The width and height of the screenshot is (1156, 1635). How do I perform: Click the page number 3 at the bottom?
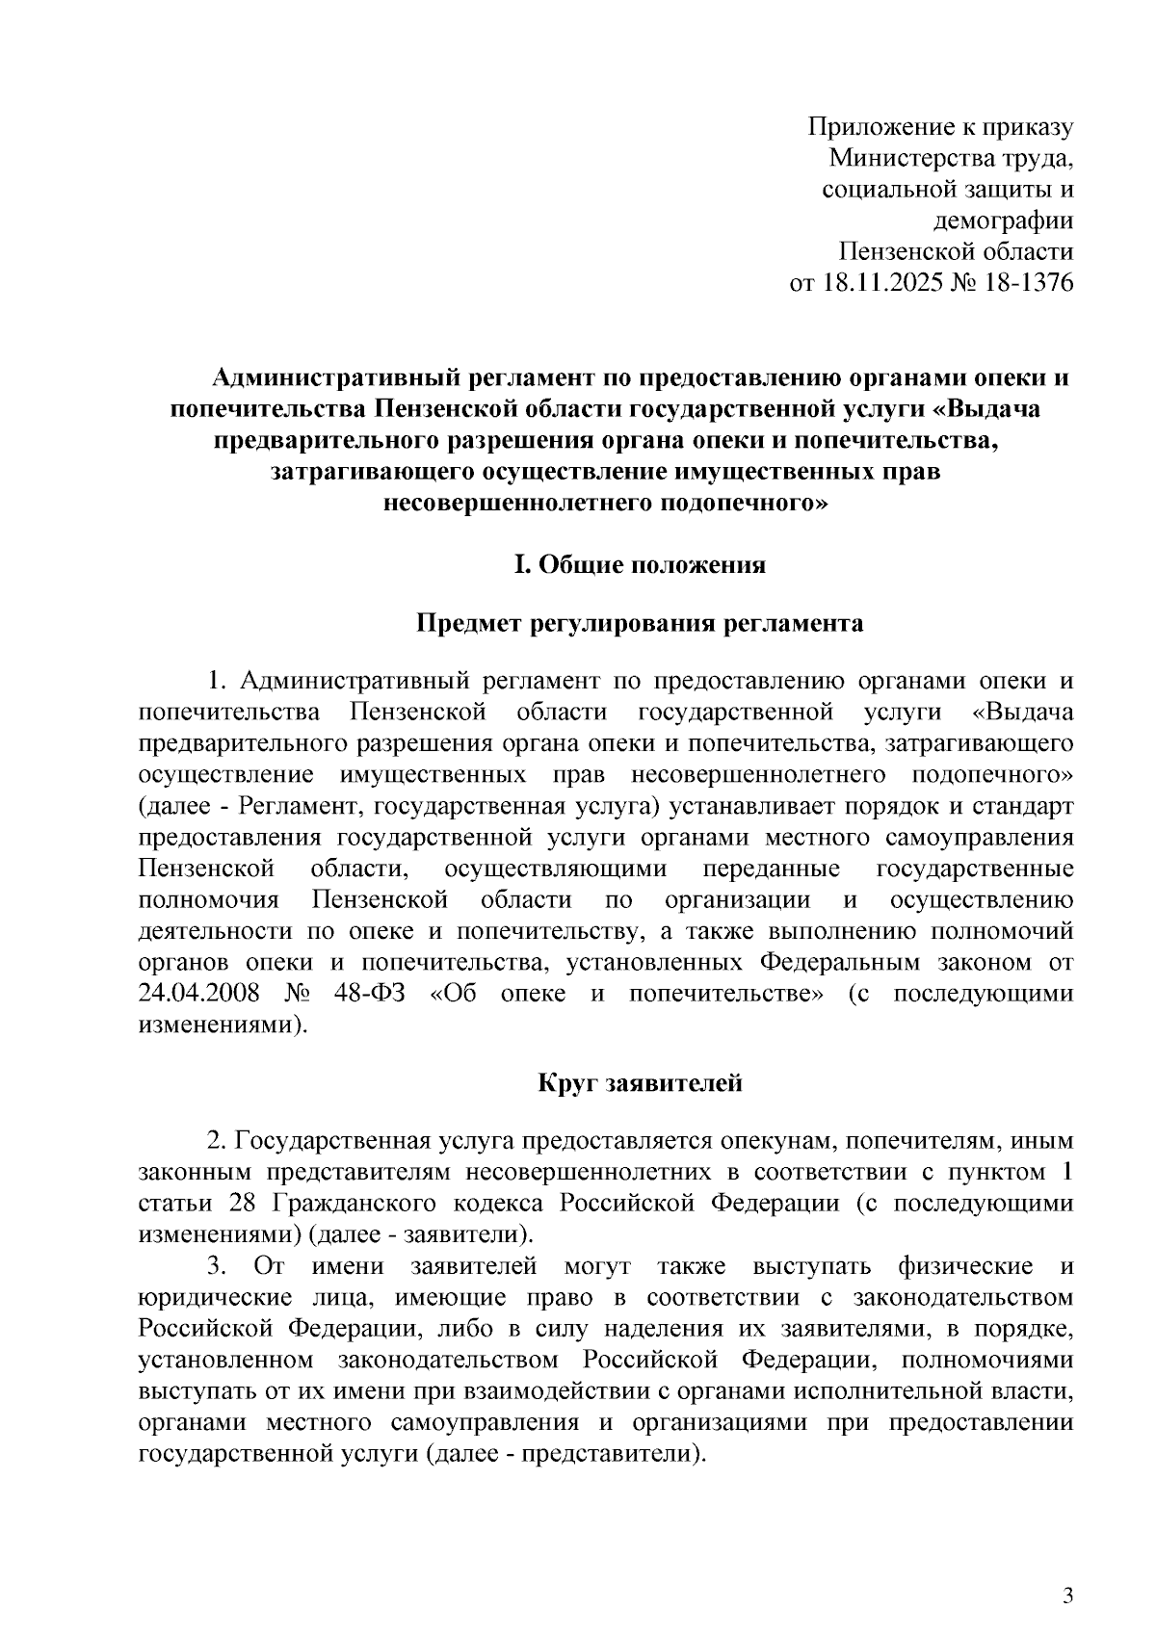tap(1066, 1543)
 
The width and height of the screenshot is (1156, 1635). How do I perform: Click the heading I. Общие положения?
tap(640, 565)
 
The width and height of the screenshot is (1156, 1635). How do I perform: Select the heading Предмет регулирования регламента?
tap(640, 624)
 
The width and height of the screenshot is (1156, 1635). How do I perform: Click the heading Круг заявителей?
tap(640, 1083)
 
